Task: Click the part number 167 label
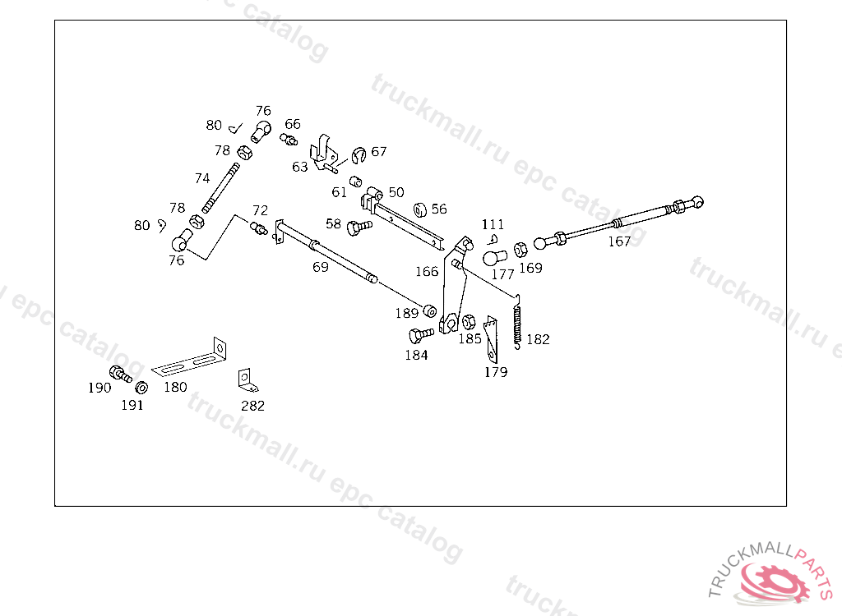click(x=619, y=241)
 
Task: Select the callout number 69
click(x=321, y=267)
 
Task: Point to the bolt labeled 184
click(x=420, y=335)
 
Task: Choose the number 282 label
click(x=252, y=406)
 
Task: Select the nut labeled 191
click(x=141, y=388)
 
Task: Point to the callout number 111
click(x=493, y=224)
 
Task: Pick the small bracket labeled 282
click(x=248, y=379)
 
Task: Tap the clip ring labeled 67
click(x=359, y=154)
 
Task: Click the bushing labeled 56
click(x=419, y=209)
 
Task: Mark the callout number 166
click(x=427, y=272)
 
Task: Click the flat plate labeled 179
click(x=491, y=338)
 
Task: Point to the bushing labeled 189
click(x=429, y=312)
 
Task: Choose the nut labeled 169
click(x=520, y=249)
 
